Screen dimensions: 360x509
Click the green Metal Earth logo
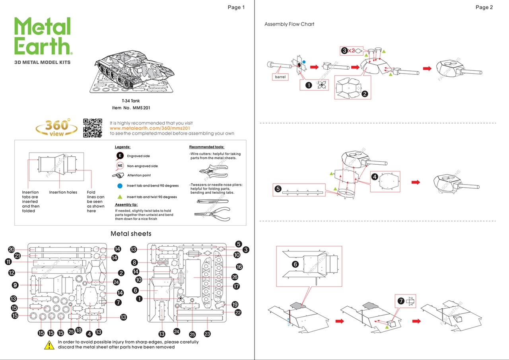43,36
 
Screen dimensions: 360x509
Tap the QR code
92,128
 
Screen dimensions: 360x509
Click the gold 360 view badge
57,128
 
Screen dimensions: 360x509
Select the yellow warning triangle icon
49,345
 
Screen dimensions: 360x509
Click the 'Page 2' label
484,7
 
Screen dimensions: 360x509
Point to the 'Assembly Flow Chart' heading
289,24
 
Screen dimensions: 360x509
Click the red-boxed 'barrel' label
280,77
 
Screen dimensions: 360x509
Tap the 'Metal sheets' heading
131,234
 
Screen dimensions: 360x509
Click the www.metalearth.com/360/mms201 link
150,128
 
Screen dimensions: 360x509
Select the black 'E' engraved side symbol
120,156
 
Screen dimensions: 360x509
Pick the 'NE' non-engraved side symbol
120,165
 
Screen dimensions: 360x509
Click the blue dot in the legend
120,185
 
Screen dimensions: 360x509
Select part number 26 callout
235,277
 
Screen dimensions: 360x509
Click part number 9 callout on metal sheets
15,285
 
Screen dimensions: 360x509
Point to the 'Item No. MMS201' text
131,108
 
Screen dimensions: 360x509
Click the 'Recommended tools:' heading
206,147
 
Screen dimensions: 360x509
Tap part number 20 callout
11,249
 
